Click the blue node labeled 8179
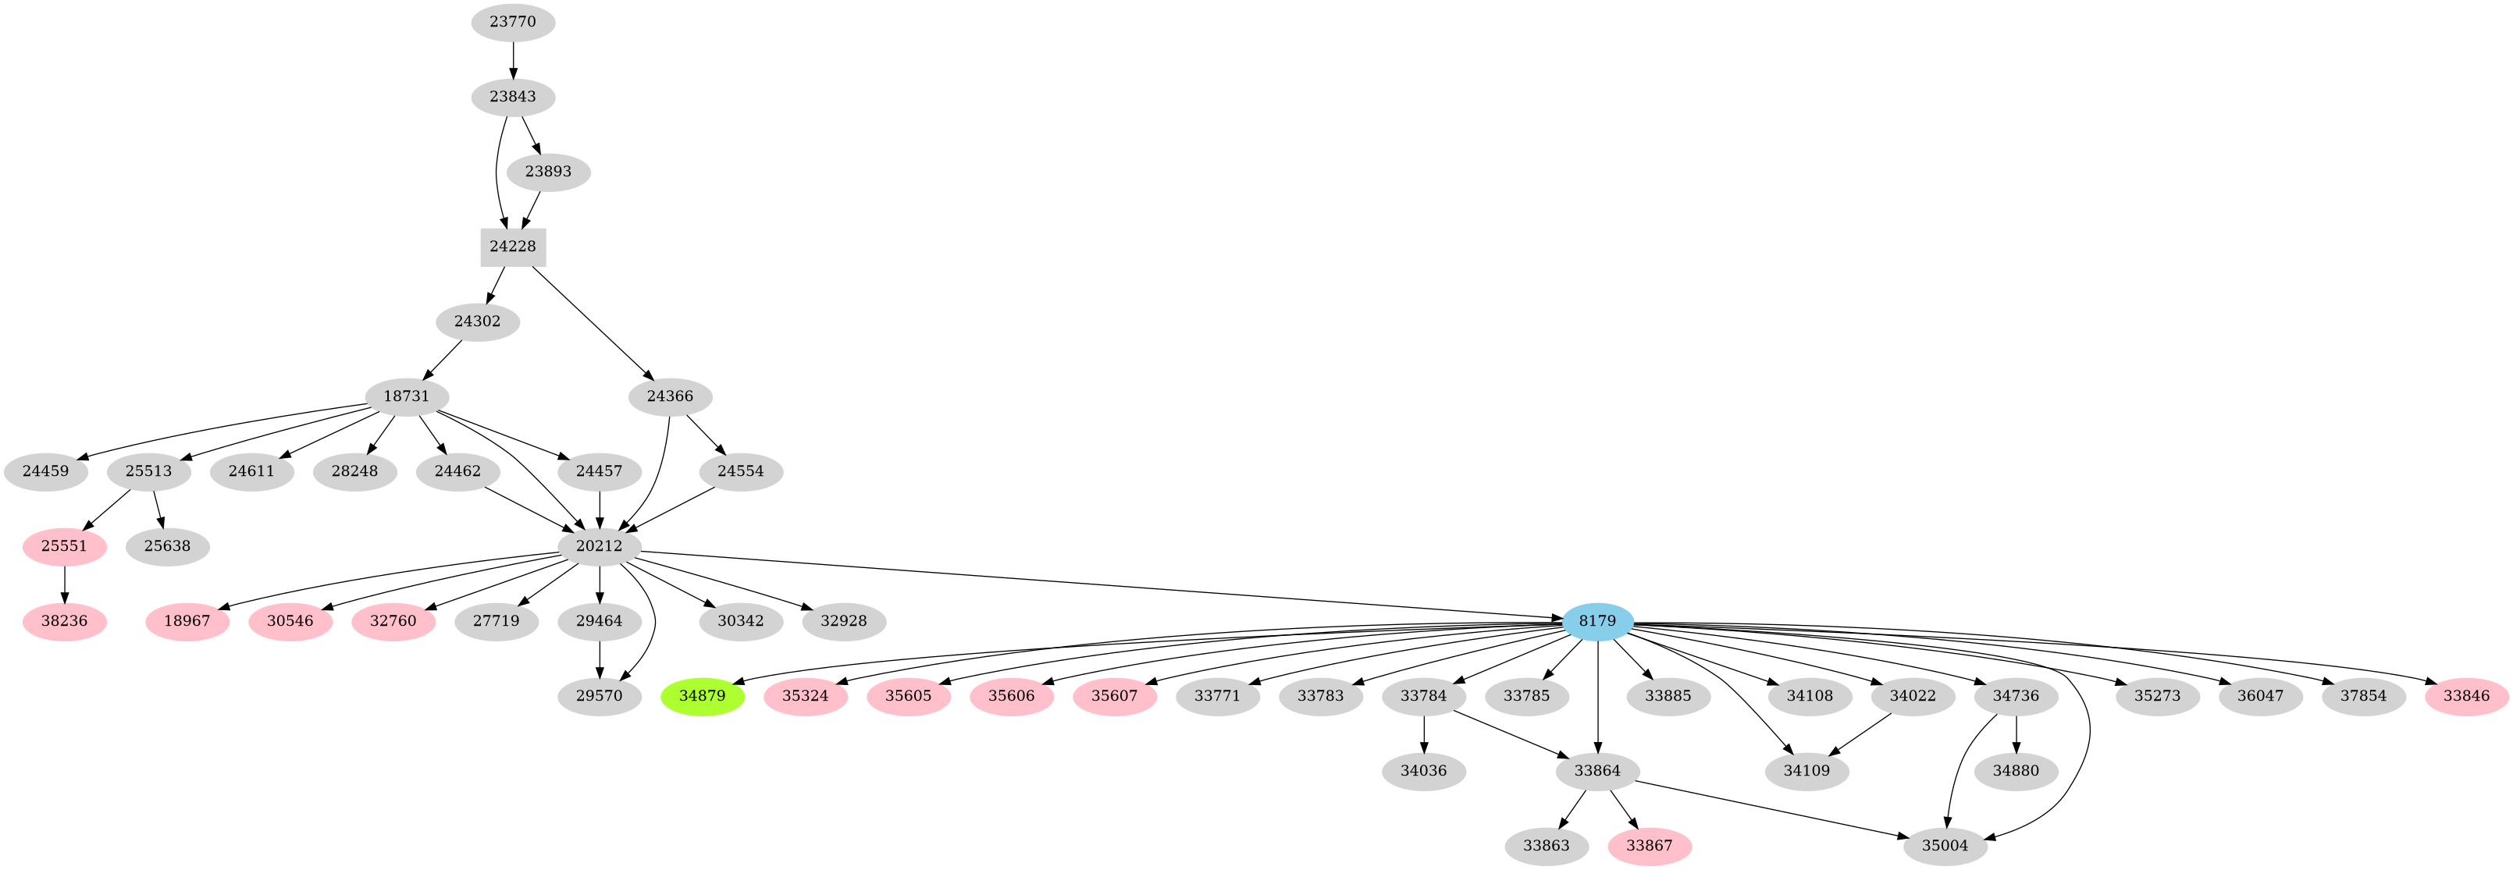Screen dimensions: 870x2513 [x=1597, y=621]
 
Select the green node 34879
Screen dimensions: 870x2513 [x=703, y=696]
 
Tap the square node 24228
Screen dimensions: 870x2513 [x=513, y=247]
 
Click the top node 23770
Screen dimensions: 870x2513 [x=513, y=22]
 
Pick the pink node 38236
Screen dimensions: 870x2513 [x=64, y=621]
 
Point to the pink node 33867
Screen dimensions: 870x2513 [x=1650, y=846]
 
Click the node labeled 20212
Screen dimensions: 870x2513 [x=599, y=546]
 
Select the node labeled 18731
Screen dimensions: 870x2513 [x=406, y=396]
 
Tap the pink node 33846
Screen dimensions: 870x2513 [x=2467, y=696]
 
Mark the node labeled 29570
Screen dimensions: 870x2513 [x=599, y=696]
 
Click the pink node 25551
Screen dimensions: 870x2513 [x=64, y=546]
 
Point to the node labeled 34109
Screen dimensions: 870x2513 [x=1806, y=771]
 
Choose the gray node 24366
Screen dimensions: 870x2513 [x=670, y=396]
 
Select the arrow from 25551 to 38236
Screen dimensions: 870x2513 [x=64, y=584]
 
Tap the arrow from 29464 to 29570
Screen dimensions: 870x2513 [x=599, y=659]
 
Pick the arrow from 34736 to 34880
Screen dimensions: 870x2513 [x=2016, y=733]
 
